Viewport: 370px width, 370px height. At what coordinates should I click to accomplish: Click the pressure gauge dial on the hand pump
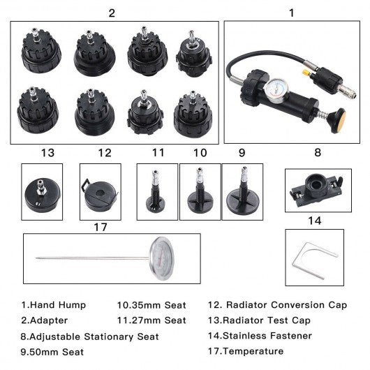pyautogui.click(x=274, y=90)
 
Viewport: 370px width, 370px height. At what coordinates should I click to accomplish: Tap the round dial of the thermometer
pyautogui.click(x=162, y=258)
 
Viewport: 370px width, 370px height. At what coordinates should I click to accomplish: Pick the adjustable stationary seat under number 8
pyautogui.click(x=316, y=190)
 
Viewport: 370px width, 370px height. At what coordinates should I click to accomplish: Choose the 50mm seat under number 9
pyautogui.click(x=243, y=191)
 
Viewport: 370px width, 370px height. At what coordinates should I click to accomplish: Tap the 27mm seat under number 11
pyautogui.click(x=155, y=191)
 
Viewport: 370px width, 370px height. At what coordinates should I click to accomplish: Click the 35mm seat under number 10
pyautogui.click(x=200, y=191)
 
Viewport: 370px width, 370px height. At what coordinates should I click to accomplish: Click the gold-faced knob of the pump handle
pyautogui.click(x=339, y=121)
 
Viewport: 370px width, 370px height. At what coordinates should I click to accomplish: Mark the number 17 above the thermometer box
pyautogui.click(x=101, y=228)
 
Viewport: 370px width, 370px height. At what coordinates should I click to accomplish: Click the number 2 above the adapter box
pyautogui.click(x=112, y=13)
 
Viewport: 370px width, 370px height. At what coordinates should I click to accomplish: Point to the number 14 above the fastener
pyautogui.click(x=315, y=221)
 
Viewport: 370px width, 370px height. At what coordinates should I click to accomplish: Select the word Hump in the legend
pyautogui.click(x=72, y=305)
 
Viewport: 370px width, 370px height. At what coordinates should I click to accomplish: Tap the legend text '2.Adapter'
pyautogui.click(x=45, y=320)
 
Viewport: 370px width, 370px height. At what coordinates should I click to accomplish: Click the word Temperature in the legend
pyautogui.click(x=253, y=351)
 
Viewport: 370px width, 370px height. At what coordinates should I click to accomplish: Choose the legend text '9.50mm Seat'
pyautogui.click(x=52, y=352)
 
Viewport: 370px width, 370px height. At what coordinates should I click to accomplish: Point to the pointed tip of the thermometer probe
pyautogui.click(x=36, y=258)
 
